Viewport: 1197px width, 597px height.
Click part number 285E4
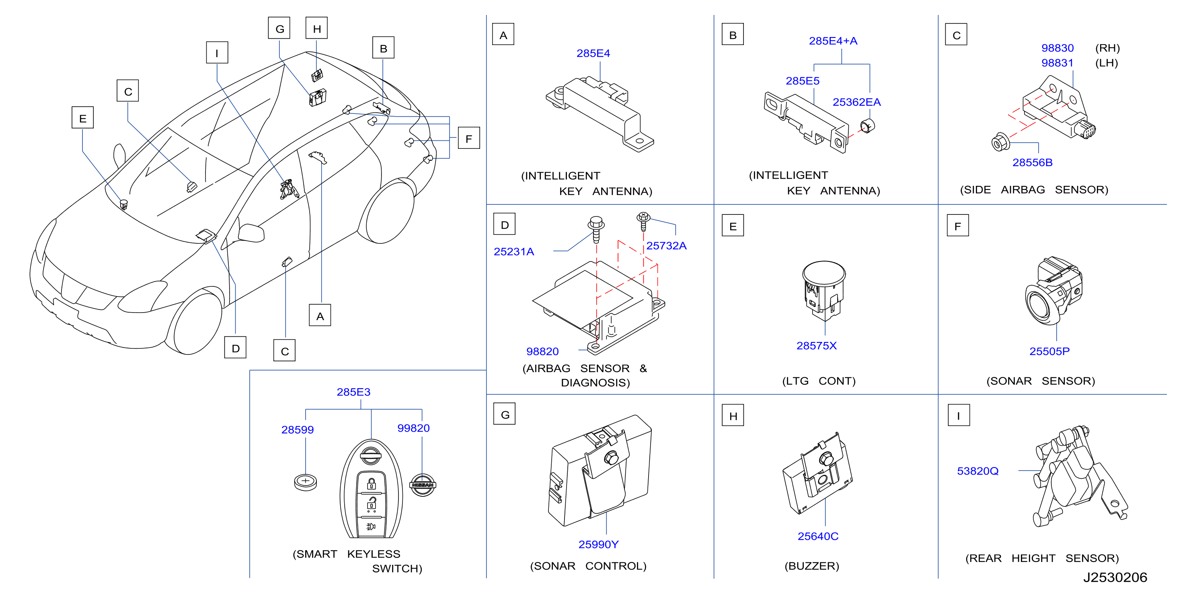pos(593,54)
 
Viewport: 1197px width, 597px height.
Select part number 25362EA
pos(856,102)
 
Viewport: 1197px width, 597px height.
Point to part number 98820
pos(542,352)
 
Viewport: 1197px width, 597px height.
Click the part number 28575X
pos(817,346)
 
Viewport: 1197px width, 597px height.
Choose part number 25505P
pos(1049,352)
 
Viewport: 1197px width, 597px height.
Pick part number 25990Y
pos(598,544)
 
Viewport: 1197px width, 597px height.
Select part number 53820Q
pos(978,471)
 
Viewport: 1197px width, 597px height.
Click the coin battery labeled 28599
pos(305,482)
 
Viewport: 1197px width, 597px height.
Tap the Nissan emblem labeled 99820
pos(423,485)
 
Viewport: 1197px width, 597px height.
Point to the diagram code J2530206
pos(1115,577)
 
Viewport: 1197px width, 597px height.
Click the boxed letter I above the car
pos(217,53)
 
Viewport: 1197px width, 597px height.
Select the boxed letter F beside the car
pos(469,138)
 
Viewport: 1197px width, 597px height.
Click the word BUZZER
pos(812,566)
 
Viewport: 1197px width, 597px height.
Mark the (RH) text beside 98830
pos(1108,48)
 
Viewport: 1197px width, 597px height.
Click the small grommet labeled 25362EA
pos(867,126)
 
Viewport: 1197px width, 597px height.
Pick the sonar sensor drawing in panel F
pos(1054,290)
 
